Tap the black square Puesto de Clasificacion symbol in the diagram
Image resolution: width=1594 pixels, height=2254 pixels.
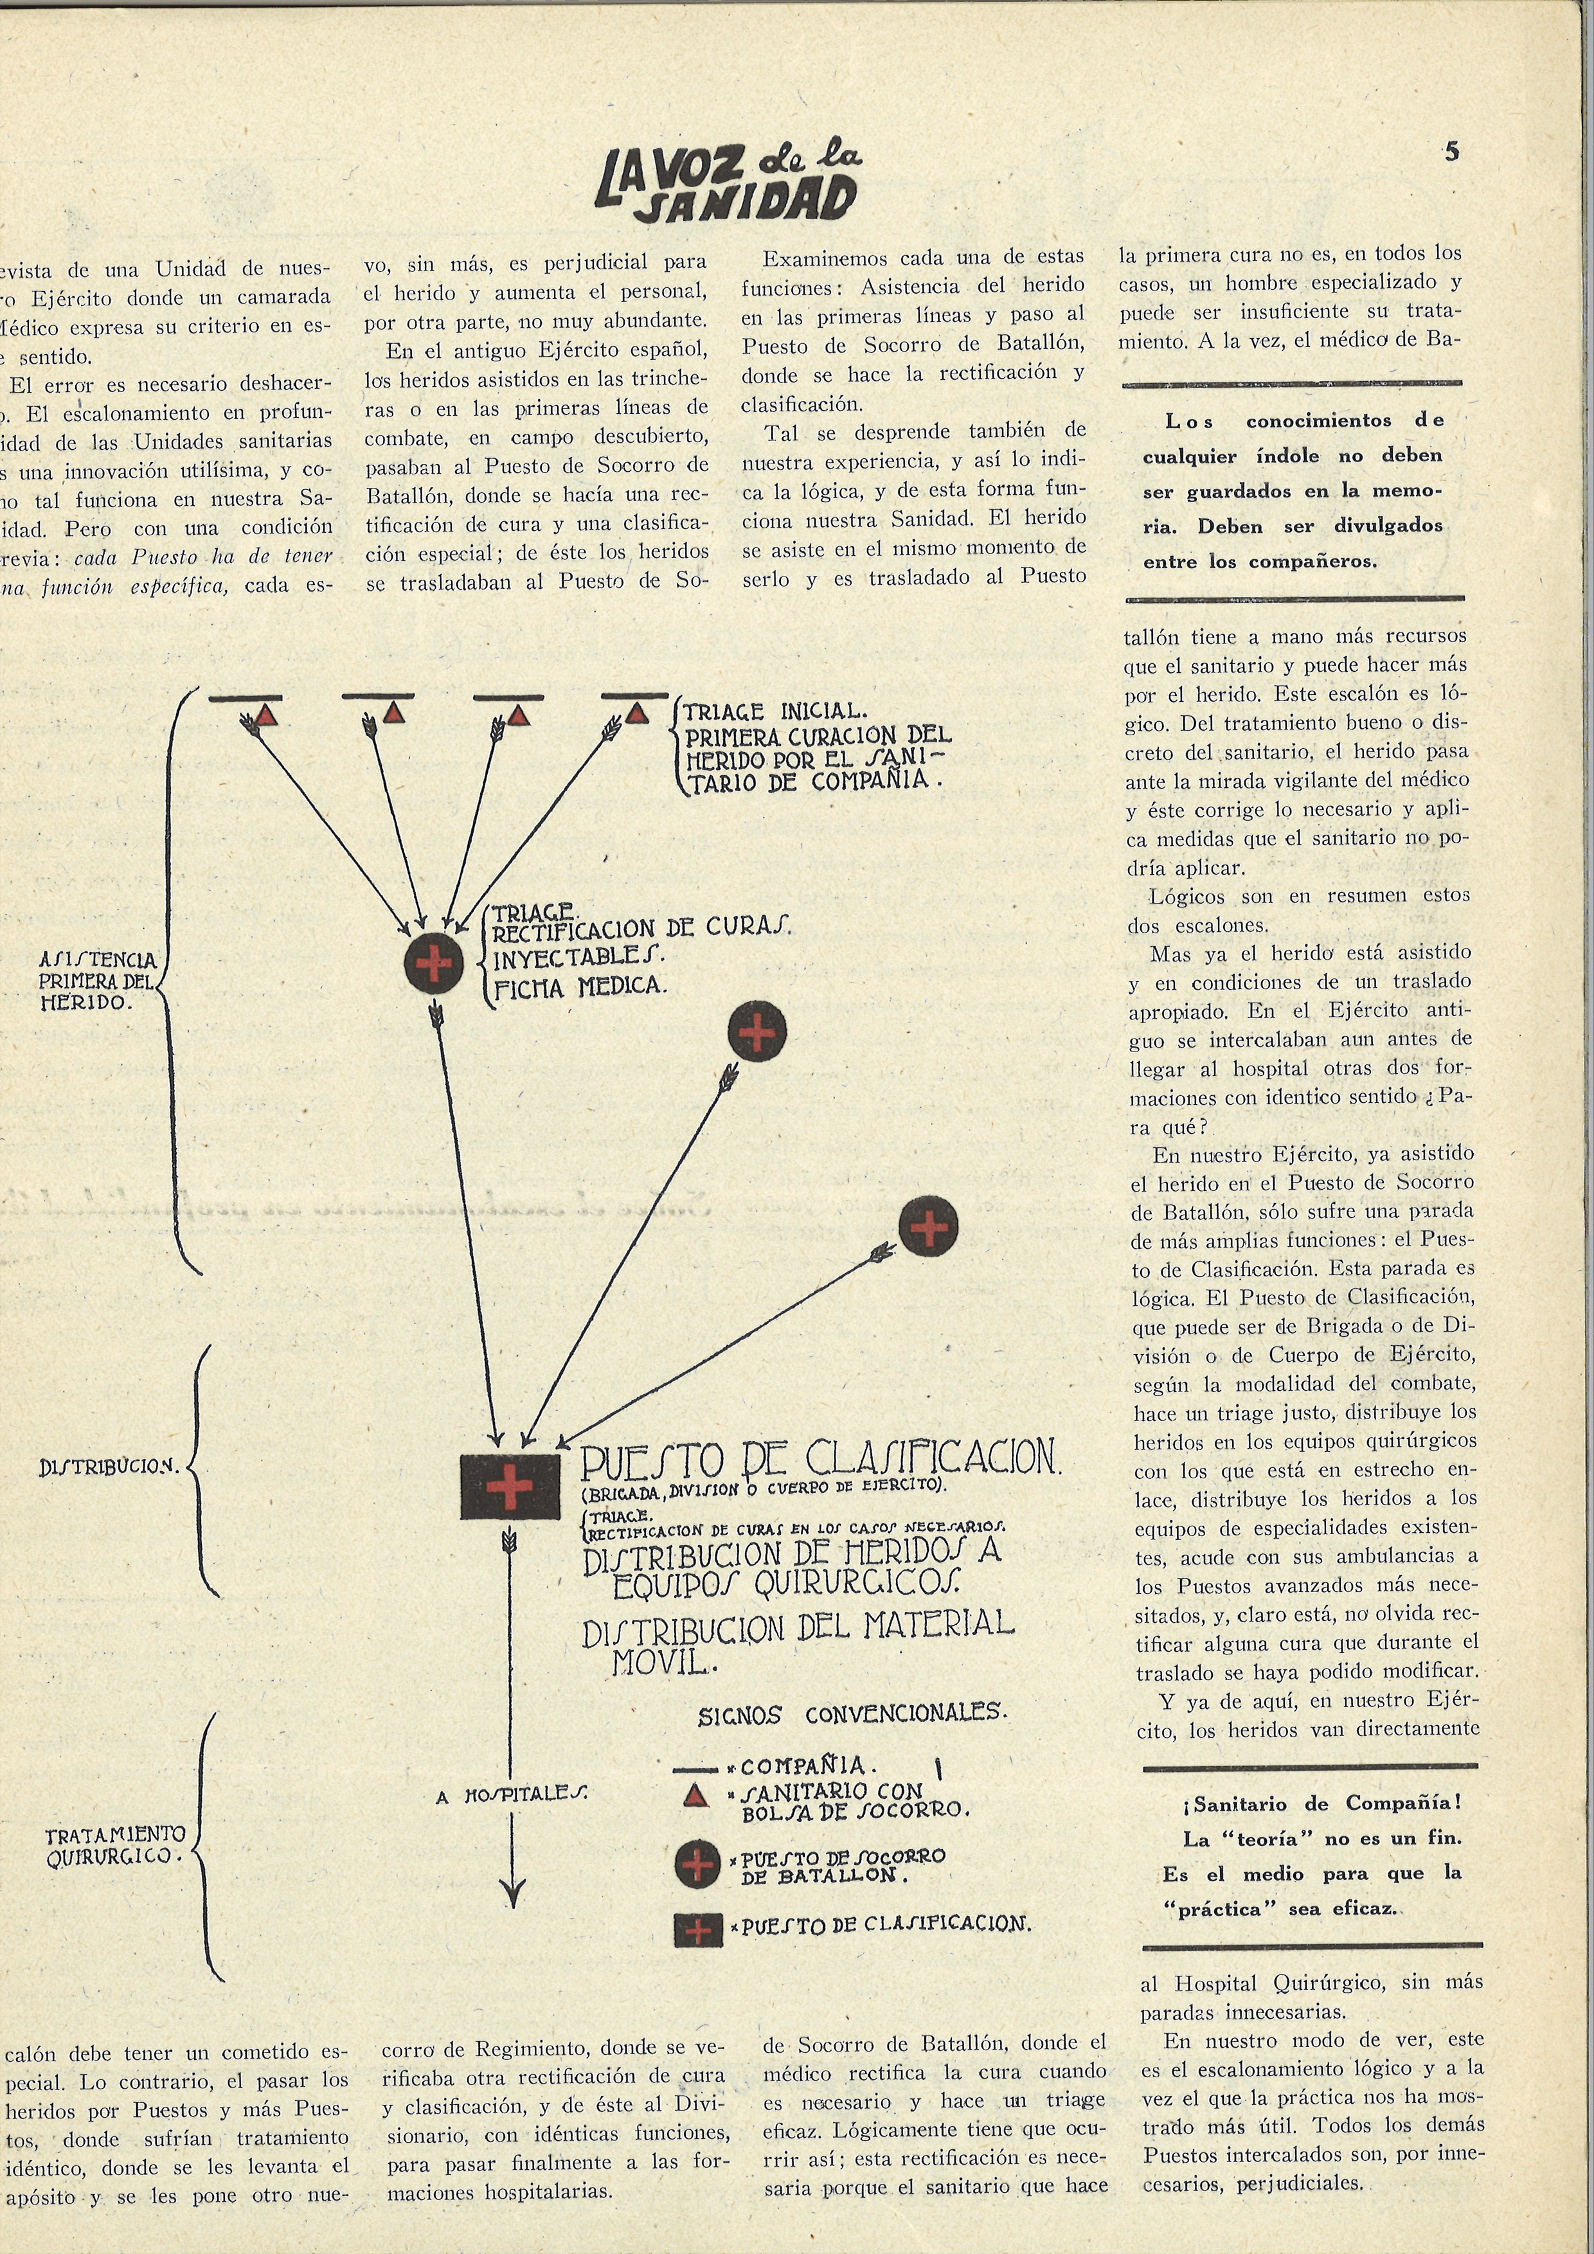510,1485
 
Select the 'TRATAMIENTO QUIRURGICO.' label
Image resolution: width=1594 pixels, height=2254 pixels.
115,1845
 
